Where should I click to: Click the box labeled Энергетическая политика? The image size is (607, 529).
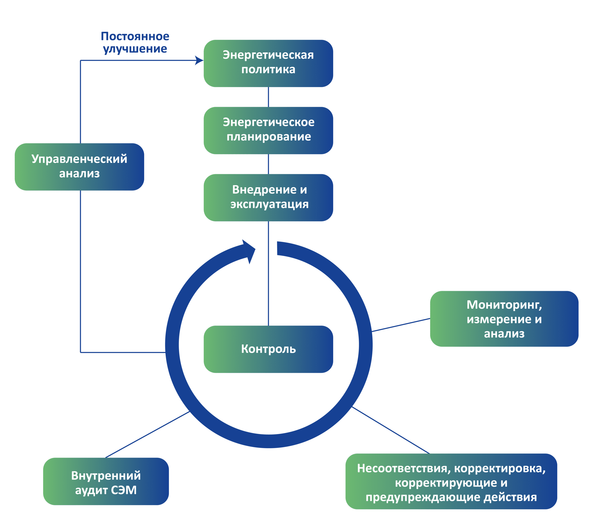[x=268, y=63]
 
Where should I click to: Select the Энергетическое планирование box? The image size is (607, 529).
[x=268, y=130]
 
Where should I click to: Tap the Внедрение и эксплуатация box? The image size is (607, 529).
[x=268, y=197]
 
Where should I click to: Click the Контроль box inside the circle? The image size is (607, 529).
[x=268, y=349]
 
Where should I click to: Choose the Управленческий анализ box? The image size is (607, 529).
[x=79, y=167]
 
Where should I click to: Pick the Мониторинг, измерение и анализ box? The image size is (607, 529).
[x=504, y=319]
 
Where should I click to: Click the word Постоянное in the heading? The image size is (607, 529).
[x=135, y=36]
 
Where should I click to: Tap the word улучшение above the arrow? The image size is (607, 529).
[x=135, y=49]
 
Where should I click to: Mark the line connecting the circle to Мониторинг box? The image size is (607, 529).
[x=401, y=325]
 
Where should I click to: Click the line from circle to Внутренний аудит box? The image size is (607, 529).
[x=147, y=435]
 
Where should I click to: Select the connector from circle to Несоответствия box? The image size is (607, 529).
[x=391, y=430]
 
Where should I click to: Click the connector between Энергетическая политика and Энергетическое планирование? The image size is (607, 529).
[x=268, y=97]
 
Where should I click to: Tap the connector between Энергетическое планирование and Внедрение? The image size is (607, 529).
[x=268, y=164]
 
